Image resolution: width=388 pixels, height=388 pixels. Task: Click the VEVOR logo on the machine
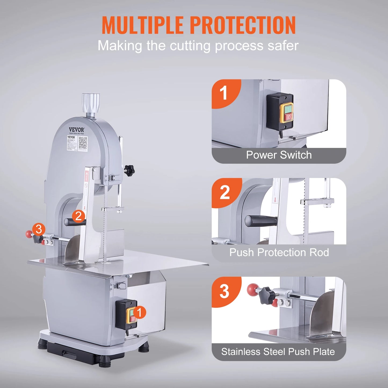click(77, 130)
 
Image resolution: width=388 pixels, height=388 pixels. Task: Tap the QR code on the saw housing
click(83, 143)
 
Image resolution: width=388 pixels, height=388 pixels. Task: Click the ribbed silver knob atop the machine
click(91, 104)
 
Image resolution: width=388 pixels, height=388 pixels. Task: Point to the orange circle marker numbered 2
click(78, 216)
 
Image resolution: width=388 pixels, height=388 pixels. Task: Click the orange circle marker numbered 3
click(39, 229)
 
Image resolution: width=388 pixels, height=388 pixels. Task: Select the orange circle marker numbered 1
click(139, 313)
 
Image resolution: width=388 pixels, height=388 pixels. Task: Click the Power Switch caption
click(279, 155)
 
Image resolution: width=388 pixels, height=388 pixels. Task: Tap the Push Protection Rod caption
click(279, 253)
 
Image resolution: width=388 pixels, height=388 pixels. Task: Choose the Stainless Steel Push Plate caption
click(278, 352)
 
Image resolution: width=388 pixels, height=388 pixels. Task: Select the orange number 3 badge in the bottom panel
click(224, 291)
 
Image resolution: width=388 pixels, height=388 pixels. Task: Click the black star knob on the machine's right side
click(129, 170)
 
